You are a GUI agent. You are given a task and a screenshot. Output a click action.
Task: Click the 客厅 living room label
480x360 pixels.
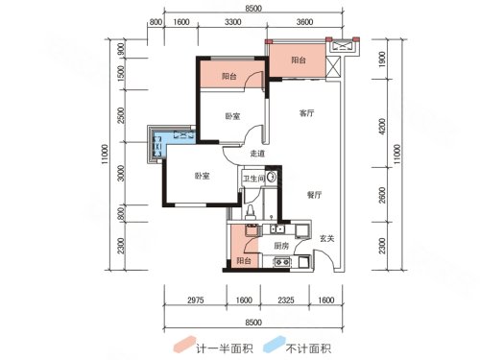click(x=306, y=113)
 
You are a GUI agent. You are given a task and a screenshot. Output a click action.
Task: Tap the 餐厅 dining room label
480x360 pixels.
click(x=314, y=195)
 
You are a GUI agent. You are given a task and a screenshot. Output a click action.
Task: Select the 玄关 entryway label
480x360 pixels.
click(x=327, y=238)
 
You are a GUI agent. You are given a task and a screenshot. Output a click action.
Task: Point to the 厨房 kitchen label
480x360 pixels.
click(x=281, y=246)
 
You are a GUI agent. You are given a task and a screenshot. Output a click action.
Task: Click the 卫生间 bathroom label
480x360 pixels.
click(x=253, y=179)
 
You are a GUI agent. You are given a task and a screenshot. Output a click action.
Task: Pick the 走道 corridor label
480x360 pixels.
click(x=257, y=154)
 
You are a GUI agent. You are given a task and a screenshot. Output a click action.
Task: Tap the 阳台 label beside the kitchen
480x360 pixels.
click(x=244, y=261)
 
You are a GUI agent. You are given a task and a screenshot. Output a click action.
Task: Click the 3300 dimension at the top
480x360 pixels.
click(x=232, y=22)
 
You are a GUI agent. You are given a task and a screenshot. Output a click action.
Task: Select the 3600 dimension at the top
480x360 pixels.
click(x=304, y=22)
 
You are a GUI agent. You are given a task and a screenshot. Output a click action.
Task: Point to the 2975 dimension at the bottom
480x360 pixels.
click(x=196, y=300)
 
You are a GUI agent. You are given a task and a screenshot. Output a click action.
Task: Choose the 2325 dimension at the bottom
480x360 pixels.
click(x=286, y=300)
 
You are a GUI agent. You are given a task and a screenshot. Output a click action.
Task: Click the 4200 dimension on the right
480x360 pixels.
click(x=382, y=127)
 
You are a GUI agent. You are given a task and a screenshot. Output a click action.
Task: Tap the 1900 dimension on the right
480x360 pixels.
click(x=382, y=60)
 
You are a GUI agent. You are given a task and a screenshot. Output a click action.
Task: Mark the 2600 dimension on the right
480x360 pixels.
click(x=382, y=195)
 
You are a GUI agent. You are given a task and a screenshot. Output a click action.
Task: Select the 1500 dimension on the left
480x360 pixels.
click(x=121, y=73)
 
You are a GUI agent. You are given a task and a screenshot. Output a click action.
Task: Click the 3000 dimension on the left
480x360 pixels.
click(x=121, y=173)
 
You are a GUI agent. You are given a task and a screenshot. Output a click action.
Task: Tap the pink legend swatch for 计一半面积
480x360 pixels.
click(x=184, y=345)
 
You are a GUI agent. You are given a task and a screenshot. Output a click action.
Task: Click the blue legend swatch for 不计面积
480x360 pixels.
click(x=275, y=345)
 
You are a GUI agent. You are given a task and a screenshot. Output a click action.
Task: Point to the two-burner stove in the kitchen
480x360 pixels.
click(x=282, y=262)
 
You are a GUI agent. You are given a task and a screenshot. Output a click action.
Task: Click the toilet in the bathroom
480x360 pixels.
click(x=250, y=212)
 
